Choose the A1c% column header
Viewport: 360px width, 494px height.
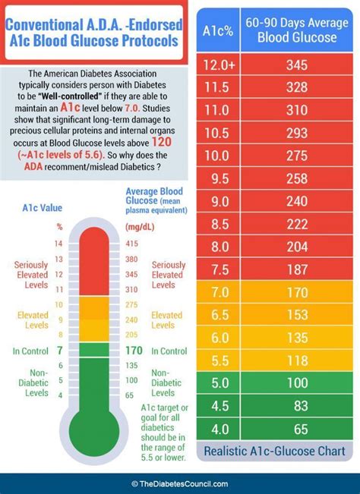(x=218, y=31)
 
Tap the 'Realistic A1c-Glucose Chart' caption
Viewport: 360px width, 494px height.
(x=275, y=452)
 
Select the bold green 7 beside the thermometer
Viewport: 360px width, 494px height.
(x=58, y=351)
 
